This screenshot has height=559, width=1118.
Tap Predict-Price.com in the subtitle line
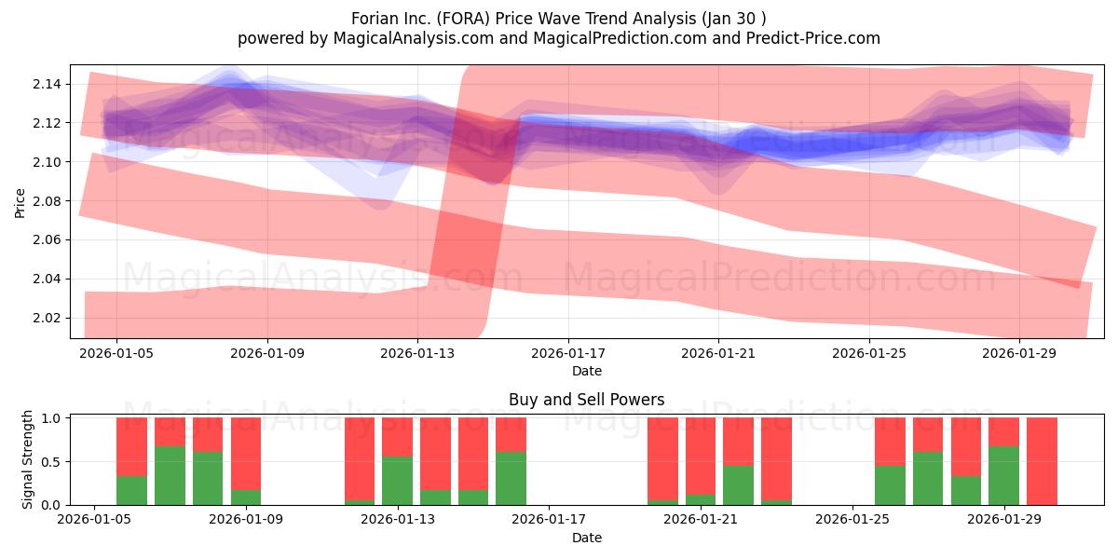(812, 38)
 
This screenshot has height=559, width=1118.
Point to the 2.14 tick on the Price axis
(47, 84)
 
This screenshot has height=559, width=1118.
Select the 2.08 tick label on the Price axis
(47, 201)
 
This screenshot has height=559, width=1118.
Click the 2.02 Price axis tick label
(47, 318)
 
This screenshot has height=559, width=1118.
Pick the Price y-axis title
(20, 203)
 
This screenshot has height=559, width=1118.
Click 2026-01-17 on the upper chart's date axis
(568, 353)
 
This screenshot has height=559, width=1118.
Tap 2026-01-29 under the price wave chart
(1019, 353)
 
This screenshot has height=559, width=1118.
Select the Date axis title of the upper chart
(587, 371)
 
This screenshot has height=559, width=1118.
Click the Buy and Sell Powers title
(586, 400)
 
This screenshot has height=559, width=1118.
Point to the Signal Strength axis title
(27, 459)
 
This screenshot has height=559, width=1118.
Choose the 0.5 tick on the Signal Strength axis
(50, 462)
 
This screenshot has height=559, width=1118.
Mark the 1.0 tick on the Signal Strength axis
(50, 418)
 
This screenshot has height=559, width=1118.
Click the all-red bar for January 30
(1042, 461)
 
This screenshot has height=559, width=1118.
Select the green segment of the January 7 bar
(170, 476)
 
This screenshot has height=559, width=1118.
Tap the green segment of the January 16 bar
(511, 479)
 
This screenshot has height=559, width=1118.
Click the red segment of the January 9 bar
(246, 454)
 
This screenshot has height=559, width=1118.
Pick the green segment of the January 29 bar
(1003, 476)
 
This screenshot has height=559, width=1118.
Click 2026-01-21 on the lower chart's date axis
(701, 520)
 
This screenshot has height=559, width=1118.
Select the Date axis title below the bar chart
(587, 538)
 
